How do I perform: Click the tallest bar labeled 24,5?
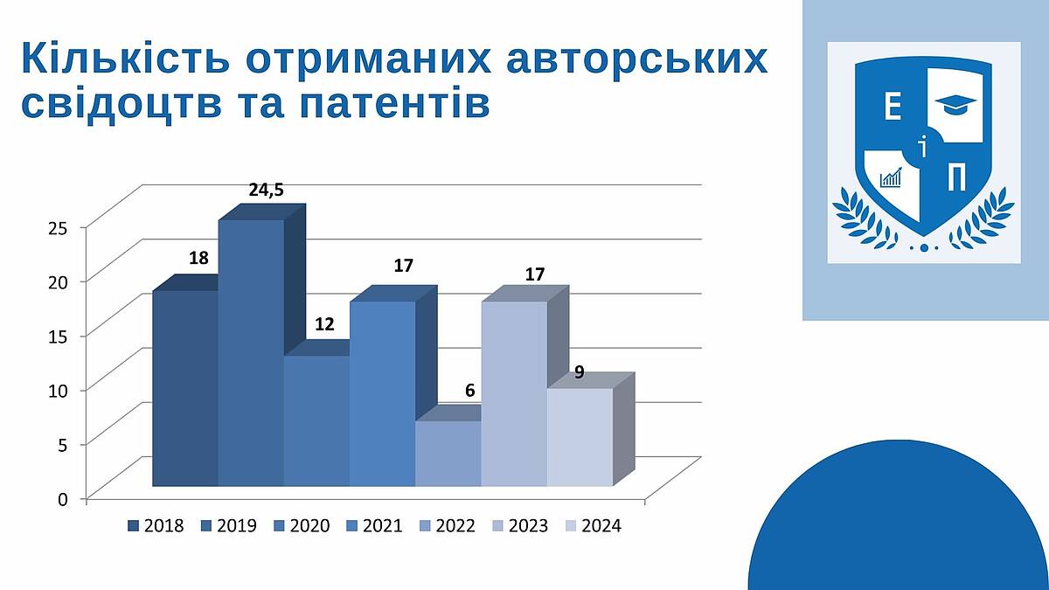click(x=252, y=352)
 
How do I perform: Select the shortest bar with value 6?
click(x=448, y=454)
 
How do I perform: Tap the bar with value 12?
click(x=317, y=420)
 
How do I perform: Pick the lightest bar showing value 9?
click(x=580, y=437)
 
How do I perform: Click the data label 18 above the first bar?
click(x=198, y=258)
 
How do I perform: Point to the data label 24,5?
click(x=266, y=191)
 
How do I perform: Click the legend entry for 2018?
click(x=156, y=526)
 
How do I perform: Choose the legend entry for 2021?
click(x=375, y=526)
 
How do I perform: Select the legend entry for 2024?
click(x=594, y=526)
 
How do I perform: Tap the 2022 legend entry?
click(x=448, y=526)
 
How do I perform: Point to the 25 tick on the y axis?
click(x=59, y=227)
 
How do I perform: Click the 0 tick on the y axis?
click(x=63, y=499)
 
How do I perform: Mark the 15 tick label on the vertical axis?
click(x=59, y=337)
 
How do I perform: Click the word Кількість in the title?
click(x=126, y=58)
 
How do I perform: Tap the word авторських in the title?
click(x=637, y=59)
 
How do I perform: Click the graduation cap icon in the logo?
click(x=955, y=103)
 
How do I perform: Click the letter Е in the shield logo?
click(x=893, y=106)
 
